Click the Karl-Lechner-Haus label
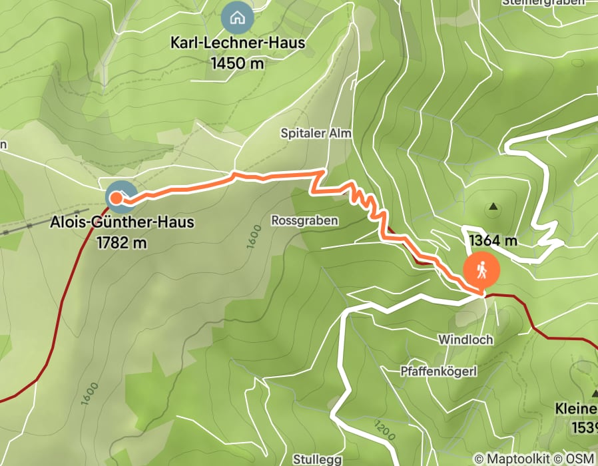point(238,43)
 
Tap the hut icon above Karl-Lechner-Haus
point(236,18)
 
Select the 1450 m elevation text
point(237,64)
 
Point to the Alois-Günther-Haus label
point(123,222)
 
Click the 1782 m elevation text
point(121,243)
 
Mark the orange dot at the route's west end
point(116,197)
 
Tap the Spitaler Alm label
point(316,134)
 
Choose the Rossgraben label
point(305,220)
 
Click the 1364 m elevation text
point(493,240)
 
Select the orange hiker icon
point(481,270)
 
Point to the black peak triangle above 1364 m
point(493,207)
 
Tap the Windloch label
point(465,340)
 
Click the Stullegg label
point(317,459)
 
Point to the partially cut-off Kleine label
point(577,407)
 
